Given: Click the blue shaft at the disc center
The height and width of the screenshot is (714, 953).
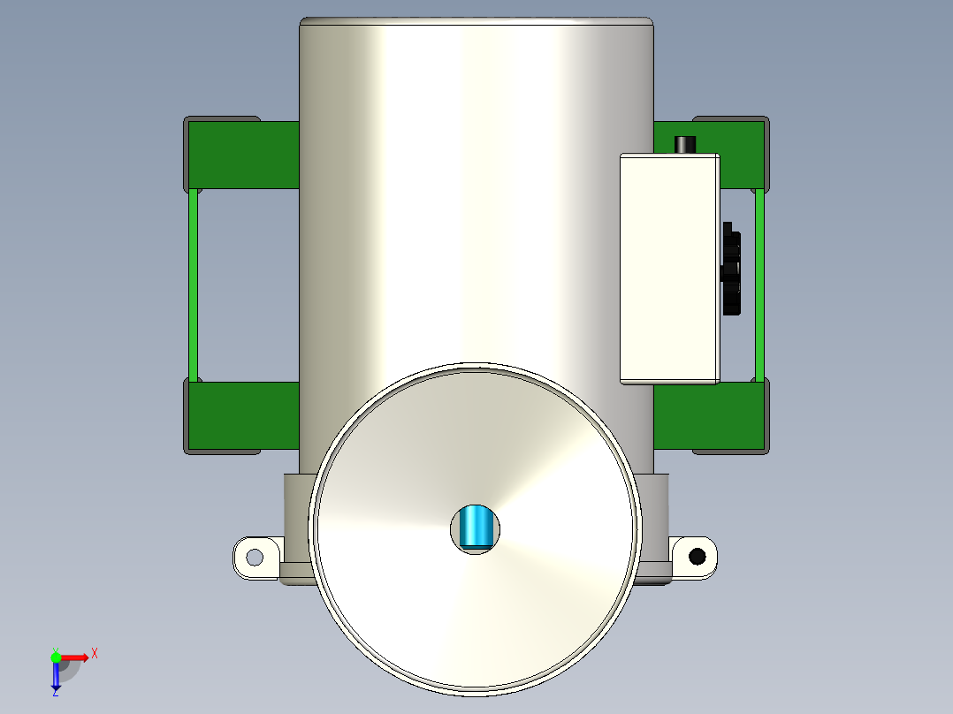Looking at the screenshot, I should coord(477,528).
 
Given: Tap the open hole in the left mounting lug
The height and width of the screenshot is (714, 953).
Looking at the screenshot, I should coord(255,557).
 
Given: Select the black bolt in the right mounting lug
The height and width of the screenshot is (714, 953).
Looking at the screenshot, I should coord(698,556).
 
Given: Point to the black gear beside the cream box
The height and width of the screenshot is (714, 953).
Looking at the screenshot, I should coord(731,269).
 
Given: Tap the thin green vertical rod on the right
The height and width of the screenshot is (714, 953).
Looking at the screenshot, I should coord(759,285).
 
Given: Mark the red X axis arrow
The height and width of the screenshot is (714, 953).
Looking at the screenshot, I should coord(75,657).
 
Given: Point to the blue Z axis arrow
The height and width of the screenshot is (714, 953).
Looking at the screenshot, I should coord(56,676).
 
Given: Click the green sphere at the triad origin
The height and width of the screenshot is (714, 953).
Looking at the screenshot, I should coord(56,657).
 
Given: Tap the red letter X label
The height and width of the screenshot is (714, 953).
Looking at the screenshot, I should coord(95,653).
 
